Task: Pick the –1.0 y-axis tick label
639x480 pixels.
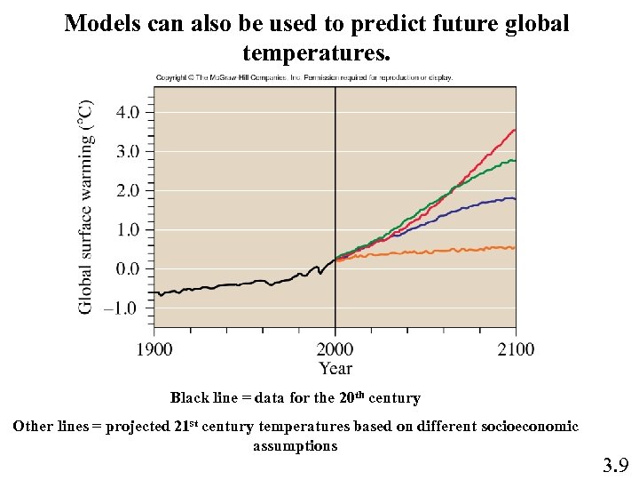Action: coord(122,308)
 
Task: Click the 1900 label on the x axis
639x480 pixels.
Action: coord(154,348)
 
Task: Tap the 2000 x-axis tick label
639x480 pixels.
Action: coord(335,348)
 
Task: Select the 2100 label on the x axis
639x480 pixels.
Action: coord(516,348)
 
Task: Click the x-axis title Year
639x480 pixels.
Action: coord(335,368)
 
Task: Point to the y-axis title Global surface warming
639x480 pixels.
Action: coord(85,206)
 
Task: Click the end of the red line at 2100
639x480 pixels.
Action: coord(516,130)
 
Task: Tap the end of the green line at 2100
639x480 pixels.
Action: coord(516,161)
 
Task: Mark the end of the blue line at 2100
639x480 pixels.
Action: coord(516,199)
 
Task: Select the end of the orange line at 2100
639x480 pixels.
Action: coord(516,247)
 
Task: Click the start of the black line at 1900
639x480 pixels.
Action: coord(155,292)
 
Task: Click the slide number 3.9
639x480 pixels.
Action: coord(615,464)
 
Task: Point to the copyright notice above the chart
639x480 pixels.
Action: coord(304,77)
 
